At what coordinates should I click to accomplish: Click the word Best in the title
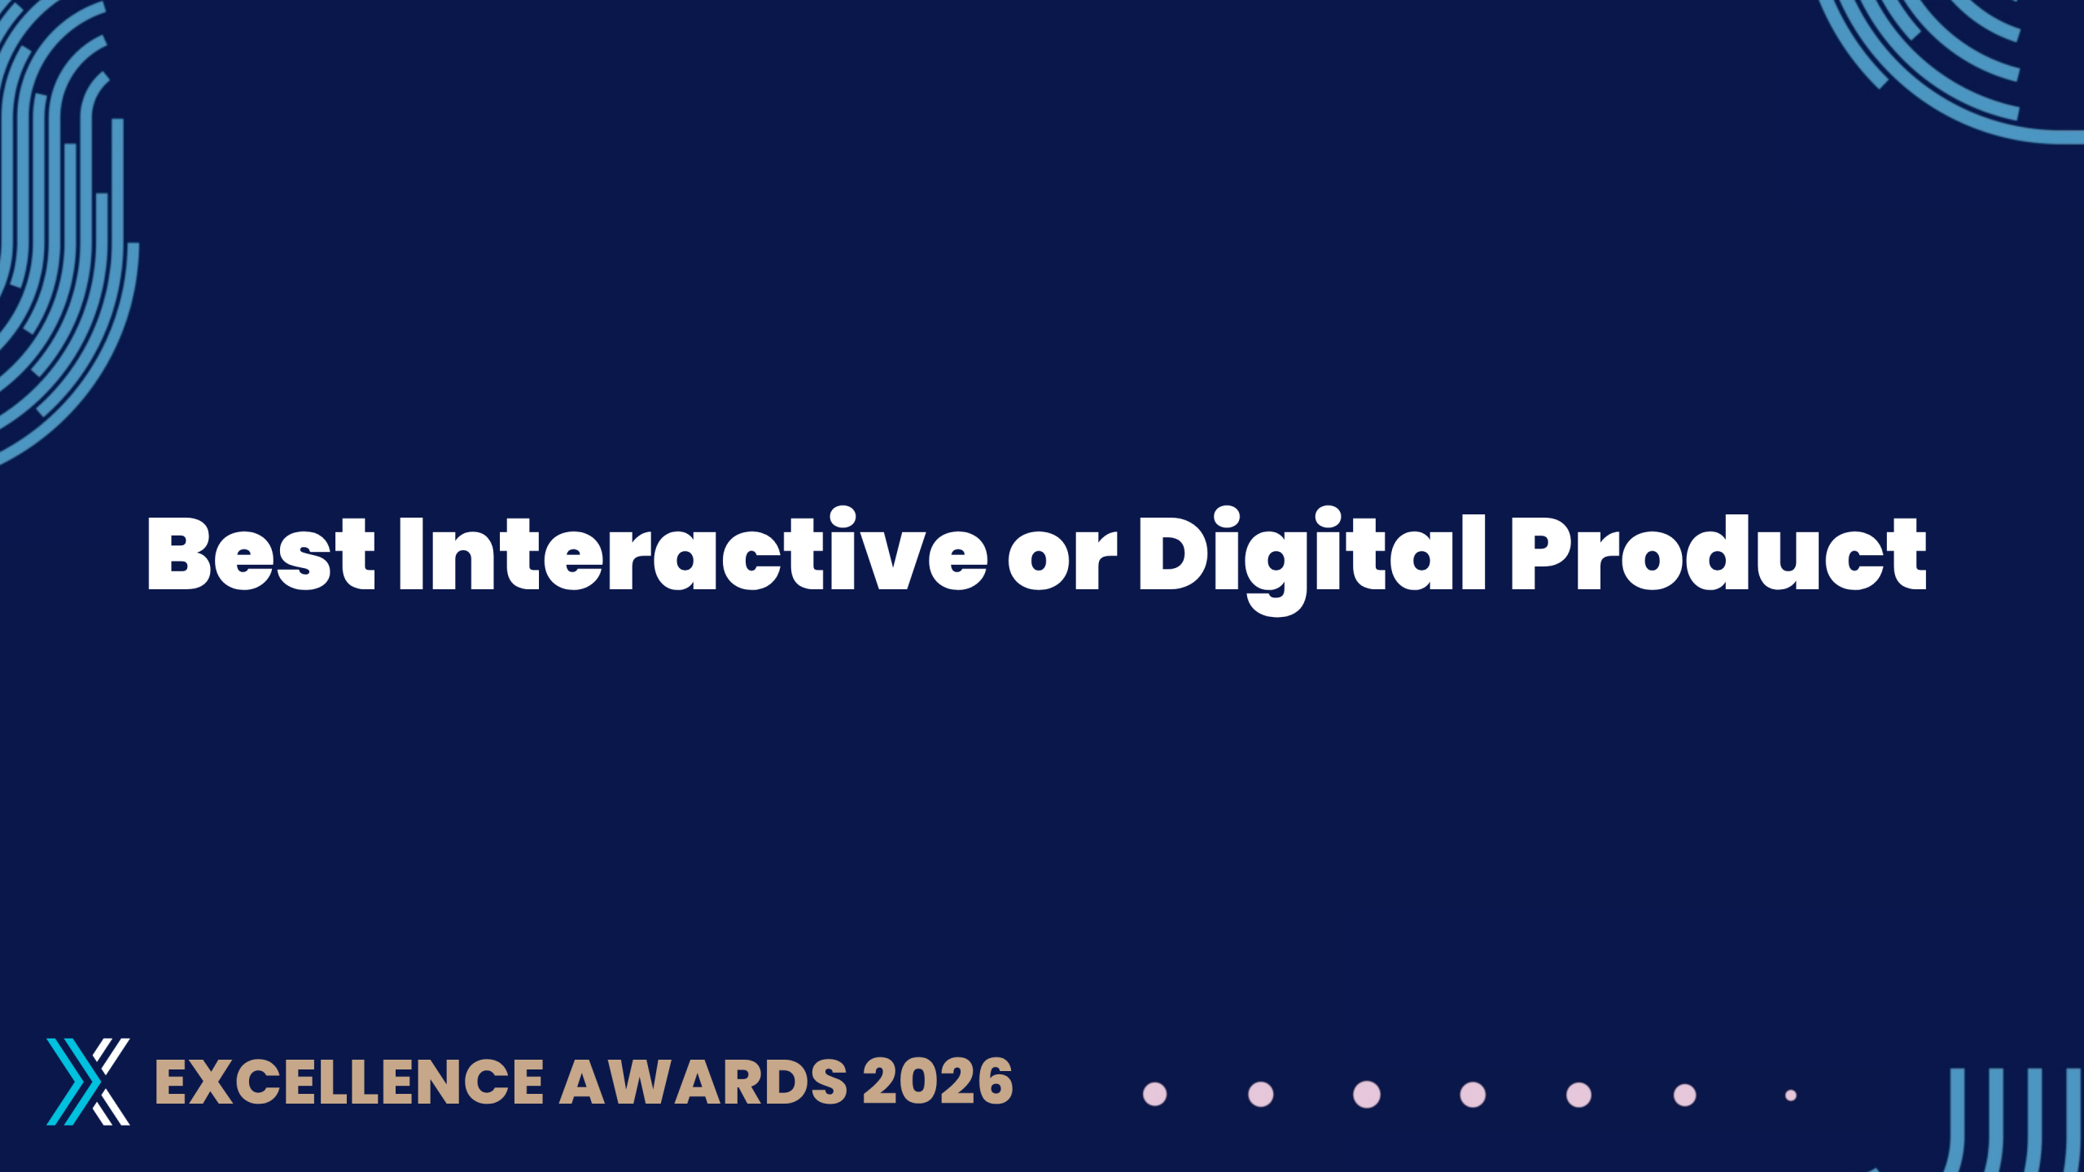pos(260,553)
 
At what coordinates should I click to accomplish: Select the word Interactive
pos(693,549)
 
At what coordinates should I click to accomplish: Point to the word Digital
pos(1312,560)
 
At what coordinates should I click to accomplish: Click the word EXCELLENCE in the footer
pos(349,1082)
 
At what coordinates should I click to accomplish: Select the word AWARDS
pos(703,1082)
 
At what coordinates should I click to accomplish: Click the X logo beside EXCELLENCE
pos(88,1082)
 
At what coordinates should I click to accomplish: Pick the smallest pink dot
pos(1791,1095)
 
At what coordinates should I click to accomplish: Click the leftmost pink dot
pos(1155,1095)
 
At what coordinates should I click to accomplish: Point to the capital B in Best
pos(179,553)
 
